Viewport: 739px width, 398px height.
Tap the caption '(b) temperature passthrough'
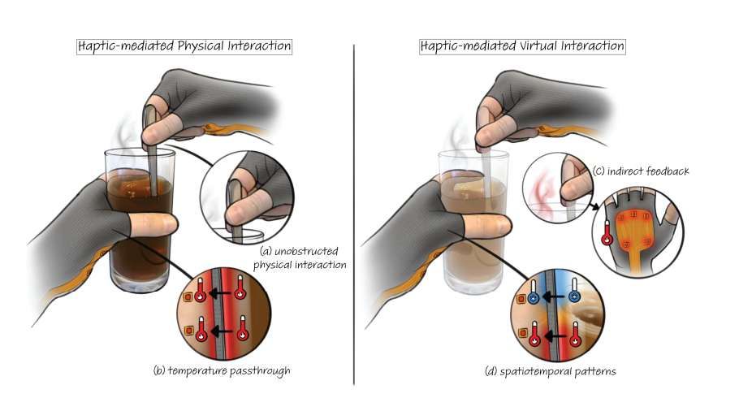tap(221, 371)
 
